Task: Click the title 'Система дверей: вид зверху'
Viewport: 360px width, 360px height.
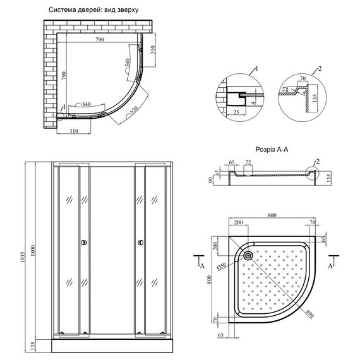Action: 93,11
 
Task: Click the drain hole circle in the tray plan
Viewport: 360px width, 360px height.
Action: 248,256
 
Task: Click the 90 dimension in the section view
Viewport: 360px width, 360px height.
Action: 211,180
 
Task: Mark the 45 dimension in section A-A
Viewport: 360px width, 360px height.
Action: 219,174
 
